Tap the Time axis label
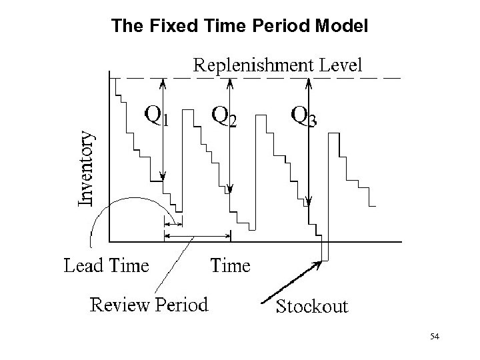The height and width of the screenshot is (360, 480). point(231,265)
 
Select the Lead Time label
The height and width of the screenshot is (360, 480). point(106,265)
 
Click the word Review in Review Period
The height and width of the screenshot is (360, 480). point(121,305)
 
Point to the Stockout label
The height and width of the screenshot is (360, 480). point(312,306)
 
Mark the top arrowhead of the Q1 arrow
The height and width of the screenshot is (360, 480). point(163,83)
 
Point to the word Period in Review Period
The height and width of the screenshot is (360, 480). point(182,305)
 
